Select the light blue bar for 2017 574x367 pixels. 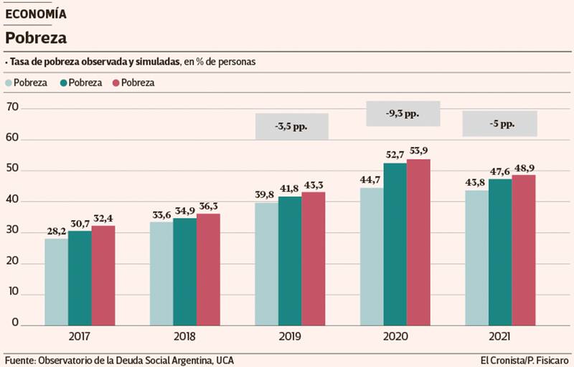click(56, 282)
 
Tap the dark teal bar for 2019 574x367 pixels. click(289, 261)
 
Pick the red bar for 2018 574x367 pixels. click(208, 270)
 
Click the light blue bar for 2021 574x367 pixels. click(476, 257)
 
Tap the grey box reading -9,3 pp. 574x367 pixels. click(403, 113)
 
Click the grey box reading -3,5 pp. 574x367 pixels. click(291, 126)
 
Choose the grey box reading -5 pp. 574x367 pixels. click(499, 123)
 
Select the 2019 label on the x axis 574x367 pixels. click(290, 336)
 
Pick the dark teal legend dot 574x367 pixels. click(64, 82)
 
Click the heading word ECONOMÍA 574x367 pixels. click(36, 14)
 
